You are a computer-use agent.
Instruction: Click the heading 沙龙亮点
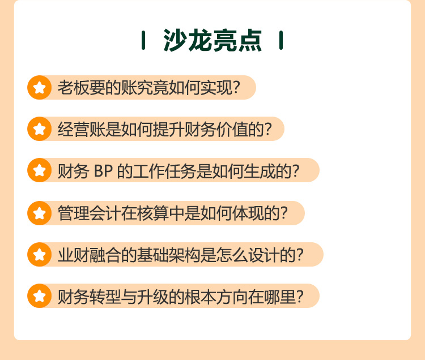pos(212,40)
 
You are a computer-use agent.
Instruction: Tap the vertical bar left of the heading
pos(143,40)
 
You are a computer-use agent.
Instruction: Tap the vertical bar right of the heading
pos(281,40)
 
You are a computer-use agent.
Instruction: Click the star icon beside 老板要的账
pos(39,87)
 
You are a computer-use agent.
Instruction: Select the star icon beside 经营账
pos(39,129)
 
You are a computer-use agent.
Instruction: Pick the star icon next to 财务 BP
pos(39,170)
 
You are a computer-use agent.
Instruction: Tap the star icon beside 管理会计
pos(39,213)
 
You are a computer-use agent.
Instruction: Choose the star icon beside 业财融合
pos(39,255)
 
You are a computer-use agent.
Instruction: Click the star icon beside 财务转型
pos(39,296)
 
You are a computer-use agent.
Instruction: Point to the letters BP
pos(103,171)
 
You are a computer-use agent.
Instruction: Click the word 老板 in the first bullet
pos(73,88)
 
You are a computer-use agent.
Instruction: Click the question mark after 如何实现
pos(236,88)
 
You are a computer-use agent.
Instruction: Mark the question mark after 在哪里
pos(300,296)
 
